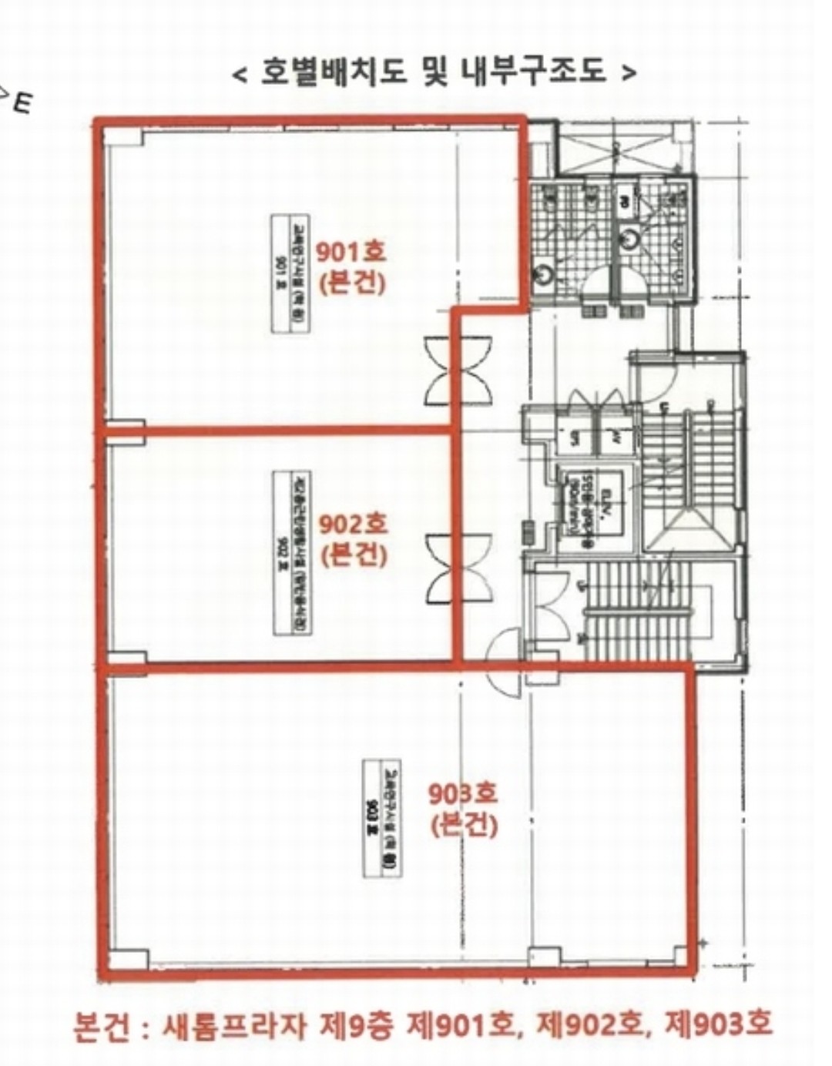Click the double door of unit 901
(x=458, y=371)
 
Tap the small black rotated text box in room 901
(x=290, y=273)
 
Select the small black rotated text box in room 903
(x=381, y=817)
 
